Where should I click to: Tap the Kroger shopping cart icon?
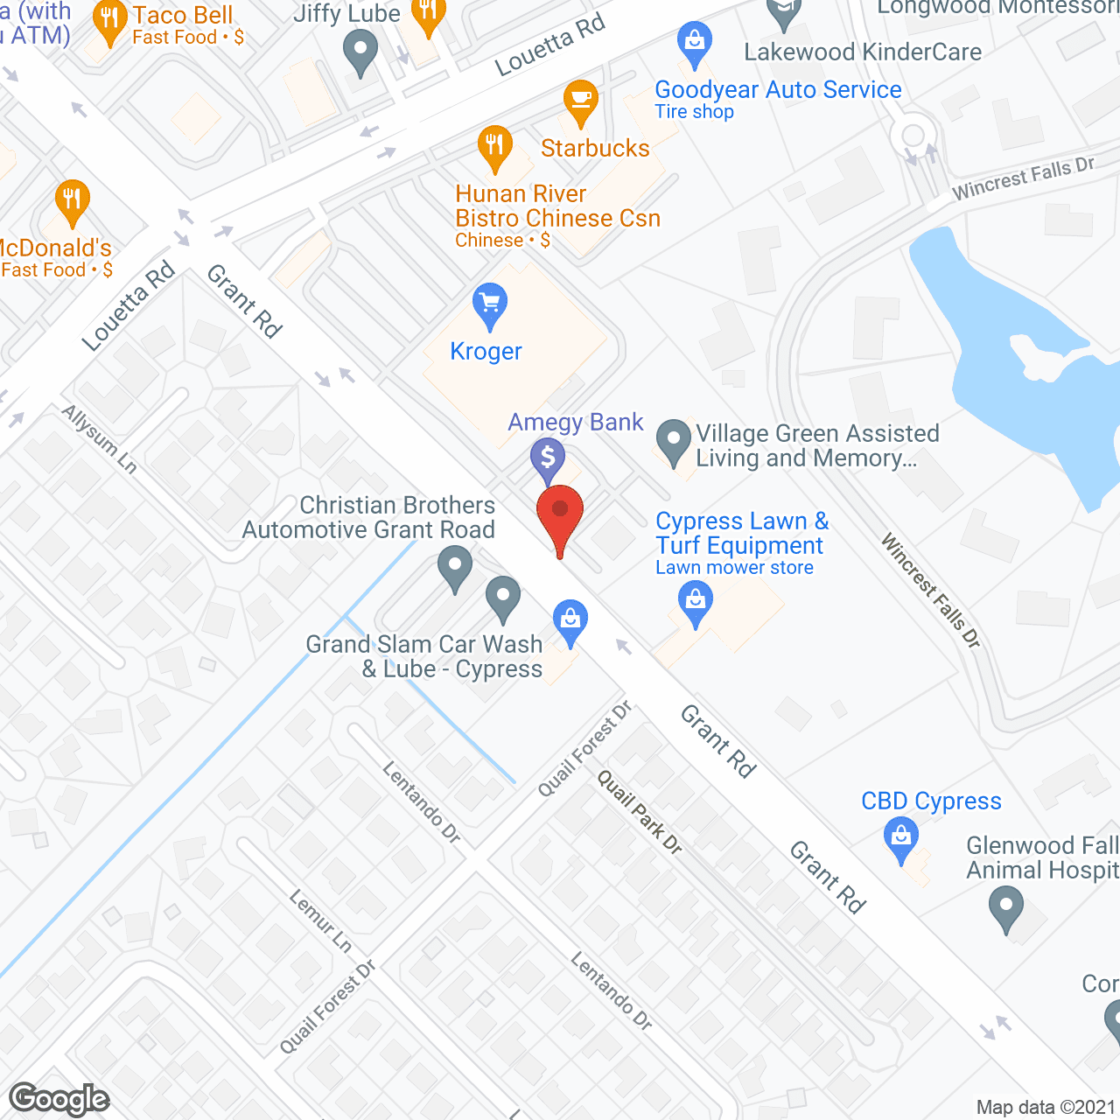[490, 304]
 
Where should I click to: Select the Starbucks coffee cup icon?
[580, 100]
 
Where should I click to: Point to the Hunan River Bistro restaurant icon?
[494, 147]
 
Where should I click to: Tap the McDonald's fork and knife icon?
[73, 199]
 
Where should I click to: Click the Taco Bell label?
[182, 16]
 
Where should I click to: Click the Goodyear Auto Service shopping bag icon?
[695, 41]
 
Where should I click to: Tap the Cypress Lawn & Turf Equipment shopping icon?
[696, 602]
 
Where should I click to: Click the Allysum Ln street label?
[100, 439]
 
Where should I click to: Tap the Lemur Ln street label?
[320, 921]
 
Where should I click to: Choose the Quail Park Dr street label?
[640, 812]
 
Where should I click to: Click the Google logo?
[59, 1099]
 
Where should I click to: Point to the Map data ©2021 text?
[1046, 1108]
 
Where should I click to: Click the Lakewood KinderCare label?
[863, 52]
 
